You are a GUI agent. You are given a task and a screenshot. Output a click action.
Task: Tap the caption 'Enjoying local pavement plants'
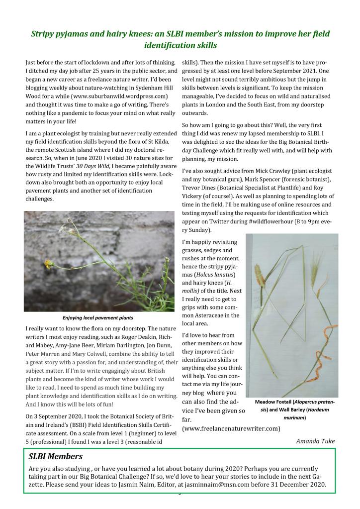98,317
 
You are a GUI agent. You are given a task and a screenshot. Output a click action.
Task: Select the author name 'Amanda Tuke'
315,441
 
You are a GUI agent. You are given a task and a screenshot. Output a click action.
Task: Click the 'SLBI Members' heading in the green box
56,456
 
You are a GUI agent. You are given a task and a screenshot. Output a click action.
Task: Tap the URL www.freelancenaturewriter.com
231,428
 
